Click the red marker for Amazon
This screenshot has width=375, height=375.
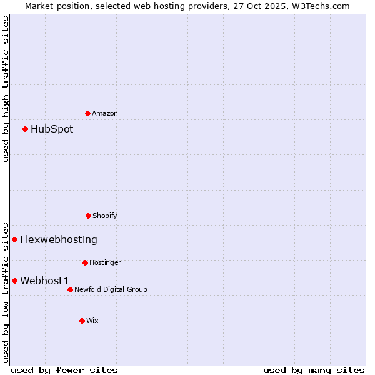87,113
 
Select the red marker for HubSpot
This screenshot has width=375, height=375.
25,129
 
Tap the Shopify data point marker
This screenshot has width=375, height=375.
88,216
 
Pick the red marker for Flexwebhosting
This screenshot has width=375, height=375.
14,239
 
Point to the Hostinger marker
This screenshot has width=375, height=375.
85,262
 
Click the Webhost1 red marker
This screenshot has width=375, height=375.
14,281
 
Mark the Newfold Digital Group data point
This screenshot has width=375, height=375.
70,289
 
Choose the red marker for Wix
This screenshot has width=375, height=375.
82,321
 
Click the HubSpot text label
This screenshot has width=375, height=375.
52,129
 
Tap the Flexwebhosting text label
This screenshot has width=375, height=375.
59,239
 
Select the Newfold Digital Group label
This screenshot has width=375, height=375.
111,289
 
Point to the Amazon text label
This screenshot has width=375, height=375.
105,113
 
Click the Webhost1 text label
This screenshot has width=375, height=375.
44,281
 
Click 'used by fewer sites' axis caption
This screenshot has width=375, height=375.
64,370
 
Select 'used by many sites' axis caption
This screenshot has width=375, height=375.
314,370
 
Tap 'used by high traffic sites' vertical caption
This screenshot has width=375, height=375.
6,89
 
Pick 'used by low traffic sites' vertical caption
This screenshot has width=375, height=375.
6,292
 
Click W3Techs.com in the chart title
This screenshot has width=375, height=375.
320,6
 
